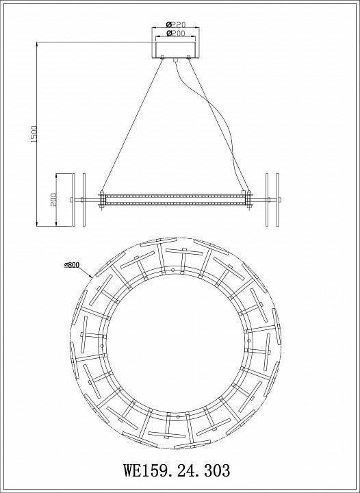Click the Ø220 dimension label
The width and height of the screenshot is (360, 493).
pyautogui.click(x=176, y=24)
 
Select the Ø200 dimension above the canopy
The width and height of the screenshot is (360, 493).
pyautogui.click(x=176, y=33)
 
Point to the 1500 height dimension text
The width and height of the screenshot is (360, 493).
pyautogui.click(x=34, y=134)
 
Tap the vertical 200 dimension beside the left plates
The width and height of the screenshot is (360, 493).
pyautogui.click(x=53, y=200)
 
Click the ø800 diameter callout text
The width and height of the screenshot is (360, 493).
pyautogui.click(x=72, y=265)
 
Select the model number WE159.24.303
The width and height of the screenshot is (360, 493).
pyautogui.click(x=177, y=470)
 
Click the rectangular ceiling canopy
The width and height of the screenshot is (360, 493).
pyautogui.click(x=176, y=50)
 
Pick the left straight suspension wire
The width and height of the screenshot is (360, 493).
pyautogui.click(x=132, y=125)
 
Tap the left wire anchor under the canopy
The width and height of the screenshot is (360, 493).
pyautogui.click(x=162, y=58)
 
